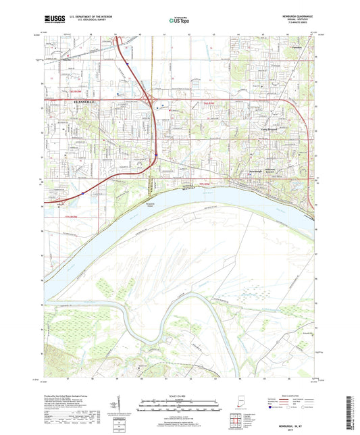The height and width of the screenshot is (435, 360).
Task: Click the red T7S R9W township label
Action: [x=207, y=182]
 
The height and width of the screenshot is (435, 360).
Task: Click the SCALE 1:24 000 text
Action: [x=179, y=395]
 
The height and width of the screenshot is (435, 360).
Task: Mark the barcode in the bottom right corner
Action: [x=351, y=413]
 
